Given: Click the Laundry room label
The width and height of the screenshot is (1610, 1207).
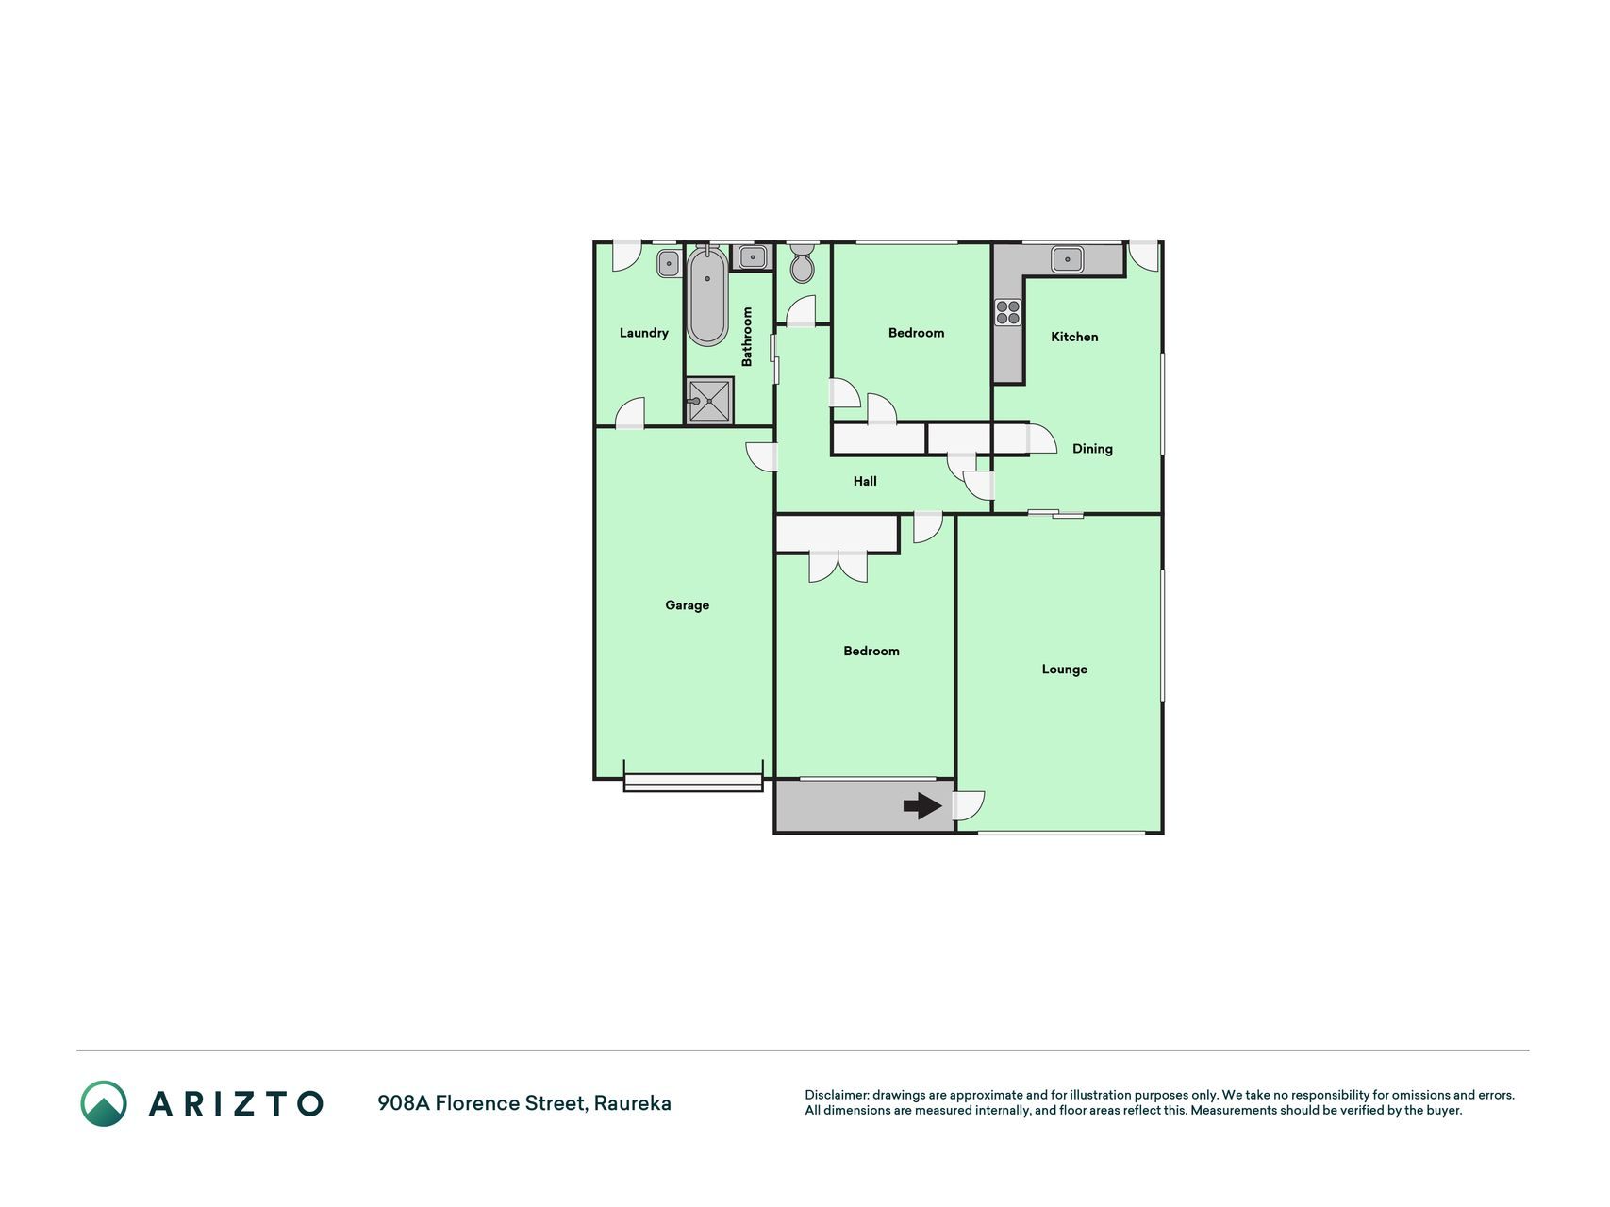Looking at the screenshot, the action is click(x=643, y=333).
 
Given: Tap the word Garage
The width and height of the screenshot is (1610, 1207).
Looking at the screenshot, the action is click(x=687, y=605).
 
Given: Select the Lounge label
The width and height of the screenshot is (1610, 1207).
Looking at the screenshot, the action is click(x=1064, y=670).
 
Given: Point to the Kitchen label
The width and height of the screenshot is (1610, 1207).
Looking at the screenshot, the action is click(x=1074, y=337).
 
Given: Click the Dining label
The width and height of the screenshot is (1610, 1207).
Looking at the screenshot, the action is click(x=1092, y=449).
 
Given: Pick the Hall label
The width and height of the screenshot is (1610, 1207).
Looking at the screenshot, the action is click(x=865, y=481).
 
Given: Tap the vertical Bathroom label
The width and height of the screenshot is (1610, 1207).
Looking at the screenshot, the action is click(x=747, y=337).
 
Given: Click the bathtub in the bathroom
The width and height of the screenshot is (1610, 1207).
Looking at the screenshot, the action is click(x=707, y=295).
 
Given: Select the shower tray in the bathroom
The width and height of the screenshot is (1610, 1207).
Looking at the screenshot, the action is click(x=709, y=401).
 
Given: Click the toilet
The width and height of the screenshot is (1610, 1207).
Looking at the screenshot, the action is click(x=802, y=262).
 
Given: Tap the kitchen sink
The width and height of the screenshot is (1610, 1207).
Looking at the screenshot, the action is click(x=1068, y=257).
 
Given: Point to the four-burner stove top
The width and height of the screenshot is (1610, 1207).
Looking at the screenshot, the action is click(x=1008, y=312).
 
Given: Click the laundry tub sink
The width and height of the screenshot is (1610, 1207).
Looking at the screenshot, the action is click(x=669, y=263).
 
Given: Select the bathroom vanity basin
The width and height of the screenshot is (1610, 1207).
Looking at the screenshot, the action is click(x=753, y=256).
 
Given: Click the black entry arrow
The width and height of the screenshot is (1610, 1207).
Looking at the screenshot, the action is click(x=922, y=805).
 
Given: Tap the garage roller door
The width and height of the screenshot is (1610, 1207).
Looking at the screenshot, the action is click(x=693, y=782).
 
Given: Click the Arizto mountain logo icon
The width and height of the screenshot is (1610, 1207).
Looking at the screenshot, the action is click(x=104, y=1103).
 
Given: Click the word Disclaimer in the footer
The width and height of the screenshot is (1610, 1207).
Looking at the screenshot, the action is click(x=837, y=1095).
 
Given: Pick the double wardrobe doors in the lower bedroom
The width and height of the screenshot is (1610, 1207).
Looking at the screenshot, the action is click(x=838, y=566).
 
